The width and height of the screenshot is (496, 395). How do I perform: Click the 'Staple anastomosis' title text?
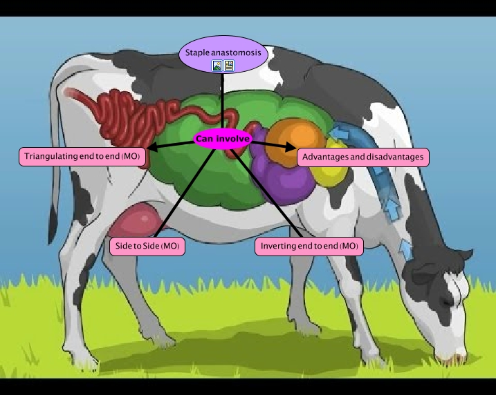pyautogui.click(x=222, y=52)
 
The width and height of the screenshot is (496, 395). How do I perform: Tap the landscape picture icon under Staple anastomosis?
pyautogui.click(x=217, y=66)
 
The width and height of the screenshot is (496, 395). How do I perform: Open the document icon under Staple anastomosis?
pyautogui.click(x=228, y=66)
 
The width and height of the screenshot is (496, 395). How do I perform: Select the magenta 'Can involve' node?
pyautogui.click(x=222, y=139)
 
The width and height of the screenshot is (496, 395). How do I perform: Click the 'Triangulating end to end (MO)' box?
pyautogui.click(x=82, y=157)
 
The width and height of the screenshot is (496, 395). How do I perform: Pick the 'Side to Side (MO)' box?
pyautogui.click(x=147, y=246)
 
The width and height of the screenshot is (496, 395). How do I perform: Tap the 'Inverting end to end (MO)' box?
pyautogui.click(x=309, y=246)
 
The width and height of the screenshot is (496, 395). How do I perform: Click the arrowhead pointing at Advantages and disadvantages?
pyautogui.click(x=290, y=146)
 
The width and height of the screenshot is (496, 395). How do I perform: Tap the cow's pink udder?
pyautogui.click(x=138, y=221)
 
